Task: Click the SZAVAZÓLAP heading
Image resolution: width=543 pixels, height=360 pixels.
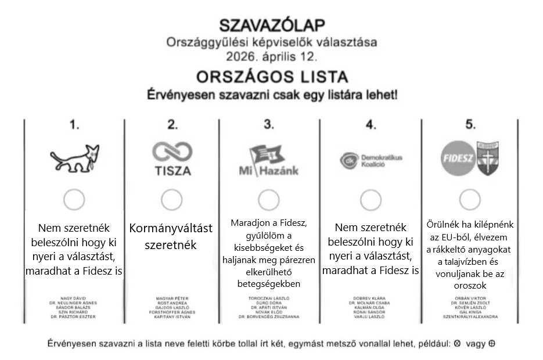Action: click(271, 25)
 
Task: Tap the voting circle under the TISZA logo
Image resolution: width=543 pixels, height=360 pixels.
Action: click(171, 200)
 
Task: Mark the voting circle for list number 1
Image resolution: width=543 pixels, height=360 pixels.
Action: click(74, 200)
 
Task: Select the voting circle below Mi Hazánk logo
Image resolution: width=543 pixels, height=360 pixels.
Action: click(269, 200)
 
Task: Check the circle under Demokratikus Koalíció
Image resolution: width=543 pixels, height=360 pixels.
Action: click(371, 200)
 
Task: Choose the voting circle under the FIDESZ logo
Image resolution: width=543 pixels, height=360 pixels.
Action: click(469, 200)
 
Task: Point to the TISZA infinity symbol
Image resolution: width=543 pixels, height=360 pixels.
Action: click(171, 152)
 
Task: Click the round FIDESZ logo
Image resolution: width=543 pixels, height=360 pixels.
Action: click(458, 159)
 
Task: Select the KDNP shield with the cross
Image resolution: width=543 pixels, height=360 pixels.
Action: click(488, 158)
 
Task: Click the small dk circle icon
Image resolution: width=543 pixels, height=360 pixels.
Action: click(346, 160)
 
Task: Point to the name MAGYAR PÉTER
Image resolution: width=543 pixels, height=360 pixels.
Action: click(172, 298)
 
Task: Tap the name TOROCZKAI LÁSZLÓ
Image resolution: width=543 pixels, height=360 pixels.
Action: click(269, 298)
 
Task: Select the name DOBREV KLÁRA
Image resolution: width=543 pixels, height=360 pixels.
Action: click(371, 298)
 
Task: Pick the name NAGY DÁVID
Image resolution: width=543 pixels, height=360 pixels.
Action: click(73, 298)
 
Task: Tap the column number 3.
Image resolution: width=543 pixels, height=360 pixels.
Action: click(268, 124)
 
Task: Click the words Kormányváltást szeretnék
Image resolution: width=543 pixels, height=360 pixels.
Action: click(171, 236)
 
